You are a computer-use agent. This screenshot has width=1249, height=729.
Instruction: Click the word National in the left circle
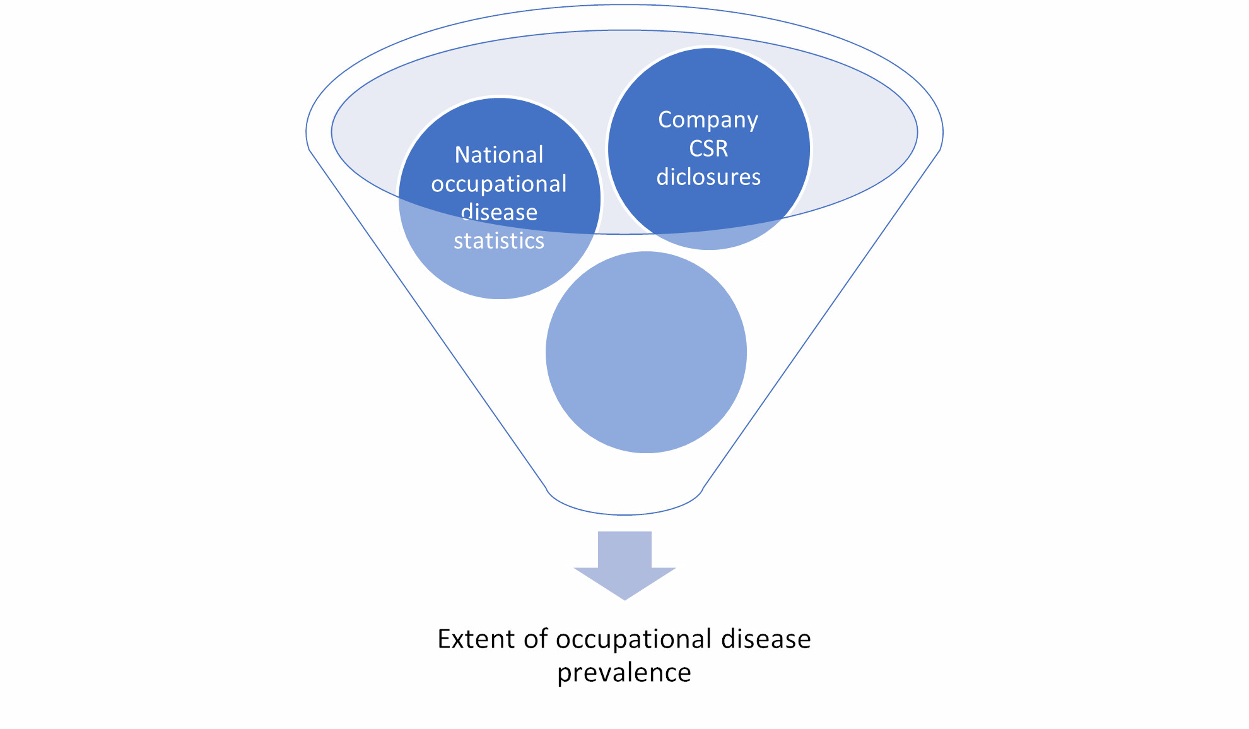498,155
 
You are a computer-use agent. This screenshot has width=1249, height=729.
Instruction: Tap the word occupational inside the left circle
498,184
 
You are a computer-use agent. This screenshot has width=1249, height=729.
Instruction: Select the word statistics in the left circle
498,241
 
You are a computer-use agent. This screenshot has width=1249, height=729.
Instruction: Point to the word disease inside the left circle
499,213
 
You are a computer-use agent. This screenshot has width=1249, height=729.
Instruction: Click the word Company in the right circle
708,120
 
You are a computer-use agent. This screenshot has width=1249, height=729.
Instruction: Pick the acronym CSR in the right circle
708,149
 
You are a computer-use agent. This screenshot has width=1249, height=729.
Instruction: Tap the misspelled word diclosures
708,177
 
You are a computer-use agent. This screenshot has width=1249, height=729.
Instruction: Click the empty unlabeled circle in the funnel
646,352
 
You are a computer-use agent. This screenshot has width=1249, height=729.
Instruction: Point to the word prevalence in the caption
624,673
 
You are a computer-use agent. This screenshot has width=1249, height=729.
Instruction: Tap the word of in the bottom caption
536,639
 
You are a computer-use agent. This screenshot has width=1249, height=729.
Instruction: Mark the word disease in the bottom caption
766,639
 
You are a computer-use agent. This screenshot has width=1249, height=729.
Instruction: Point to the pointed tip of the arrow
624,596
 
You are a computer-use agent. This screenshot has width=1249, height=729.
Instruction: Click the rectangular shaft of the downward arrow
624,549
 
